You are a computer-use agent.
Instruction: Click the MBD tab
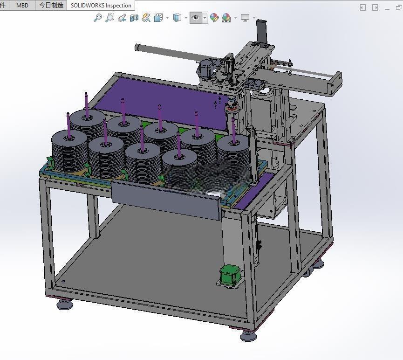pos(22,5)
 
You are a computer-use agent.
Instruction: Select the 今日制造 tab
pos(51,5)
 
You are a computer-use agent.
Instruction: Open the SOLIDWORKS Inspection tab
pos(101,6)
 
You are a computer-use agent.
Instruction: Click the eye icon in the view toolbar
pos(196,18)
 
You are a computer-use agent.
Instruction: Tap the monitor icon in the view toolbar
pos(245,18)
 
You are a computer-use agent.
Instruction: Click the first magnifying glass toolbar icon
pos(98,18)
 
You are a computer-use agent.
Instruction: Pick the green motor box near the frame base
pos(230,275)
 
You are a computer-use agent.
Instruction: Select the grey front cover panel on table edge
pos(166,200)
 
